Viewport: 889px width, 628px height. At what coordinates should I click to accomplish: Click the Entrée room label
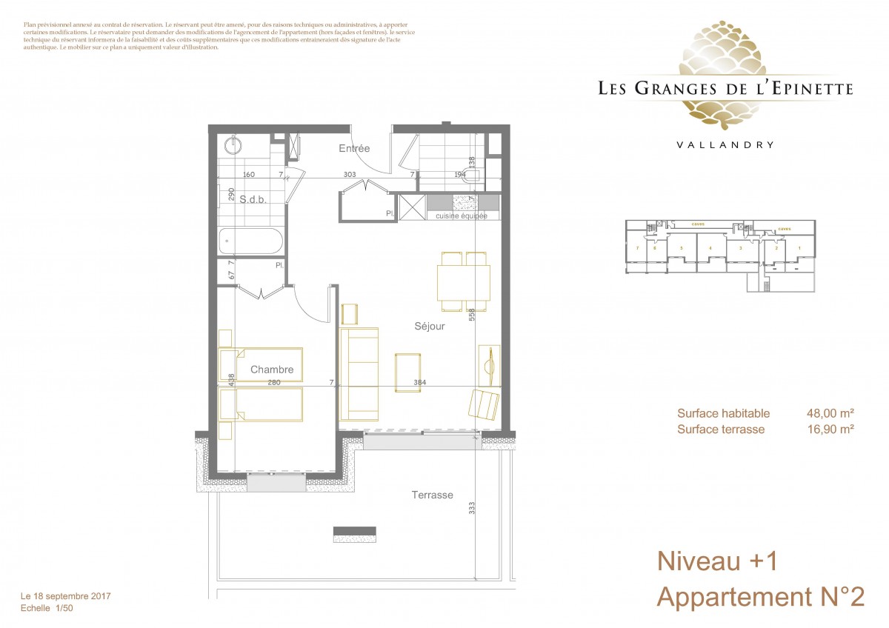(x=354, y=149)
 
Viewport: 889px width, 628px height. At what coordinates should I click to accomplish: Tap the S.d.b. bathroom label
(x=253, y=199)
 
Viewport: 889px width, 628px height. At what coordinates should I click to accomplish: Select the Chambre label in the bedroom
(x=272, y=370)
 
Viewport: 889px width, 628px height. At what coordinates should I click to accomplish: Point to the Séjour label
(x=430, y=326)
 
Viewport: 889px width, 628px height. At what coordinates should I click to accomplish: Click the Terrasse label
(x=433, y=495)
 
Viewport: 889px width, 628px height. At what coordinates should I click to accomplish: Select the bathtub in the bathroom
(x=250, y=241)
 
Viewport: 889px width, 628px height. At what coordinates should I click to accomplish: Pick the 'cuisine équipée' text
(x=462, y=216)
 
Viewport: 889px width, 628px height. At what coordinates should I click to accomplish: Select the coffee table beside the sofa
(x=408, y=372)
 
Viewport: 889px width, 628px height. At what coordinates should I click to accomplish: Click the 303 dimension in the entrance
(x=350, y=175)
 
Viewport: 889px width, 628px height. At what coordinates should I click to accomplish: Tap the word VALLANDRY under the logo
(x=725, y=145)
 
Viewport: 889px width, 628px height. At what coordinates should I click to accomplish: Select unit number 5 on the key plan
(x=680, y=248)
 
